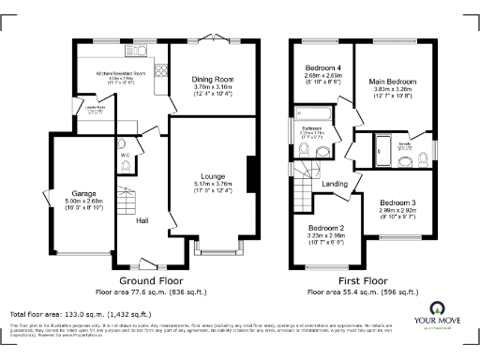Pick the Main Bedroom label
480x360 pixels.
[x=392, y=83]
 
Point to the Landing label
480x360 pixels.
[x=335, y=184]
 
